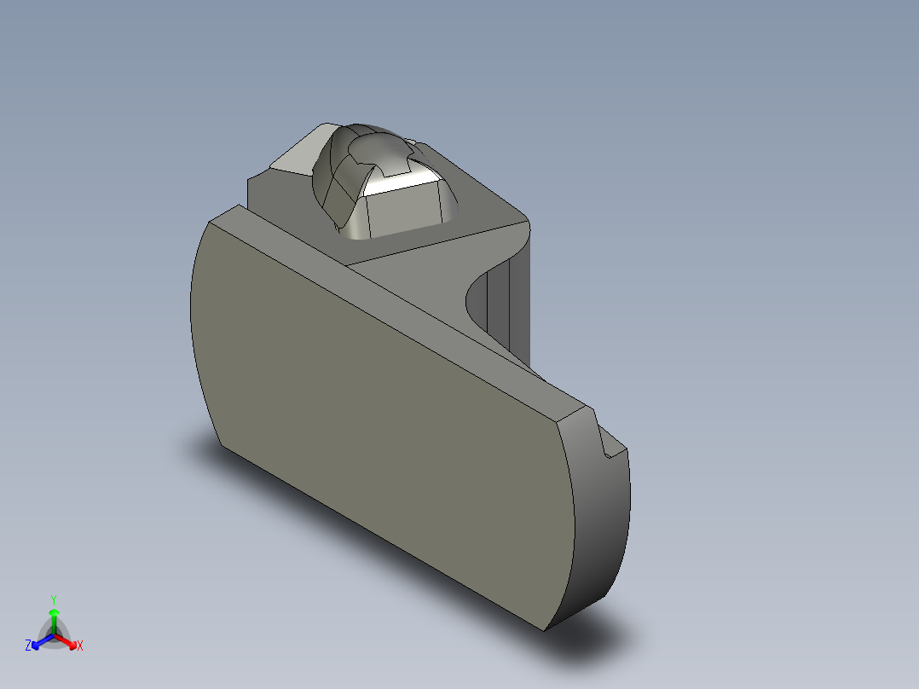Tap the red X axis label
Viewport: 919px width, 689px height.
(x=80, y=646)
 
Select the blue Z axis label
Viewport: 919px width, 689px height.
(x=28, y=646)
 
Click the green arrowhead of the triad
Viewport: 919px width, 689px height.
(x=54, y=613)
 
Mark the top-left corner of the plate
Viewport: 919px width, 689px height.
(x=210, y=220)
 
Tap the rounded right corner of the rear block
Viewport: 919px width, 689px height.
(x=522, y=223)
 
